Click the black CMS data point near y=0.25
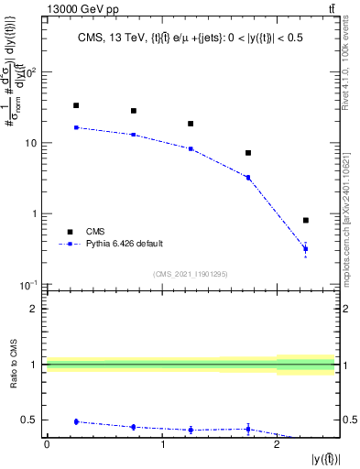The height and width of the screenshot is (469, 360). [76, 105]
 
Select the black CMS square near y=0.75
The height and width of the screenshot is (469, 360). [133, 111]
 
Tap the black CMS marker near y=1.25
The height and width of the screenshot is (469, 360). [191, 124]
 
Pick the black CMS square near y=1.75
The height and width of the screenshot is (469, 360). [248, 153]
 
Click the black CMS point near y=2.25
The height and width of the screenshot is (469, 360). [305, 220]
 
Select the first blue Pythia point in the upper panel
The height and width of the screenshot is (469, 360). [76, 127]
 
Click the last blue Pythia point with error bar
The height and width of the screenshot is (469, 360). [305, 249]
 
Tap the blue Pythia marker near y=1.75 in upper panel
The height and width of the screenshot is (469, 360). [248, 177]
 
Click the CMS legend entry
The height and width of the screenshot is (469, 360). [96, 231]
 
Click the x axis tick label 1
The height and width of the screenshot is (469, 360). [161, 445]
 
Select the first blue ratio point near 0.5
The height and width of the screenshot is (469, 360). [76, 421]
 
